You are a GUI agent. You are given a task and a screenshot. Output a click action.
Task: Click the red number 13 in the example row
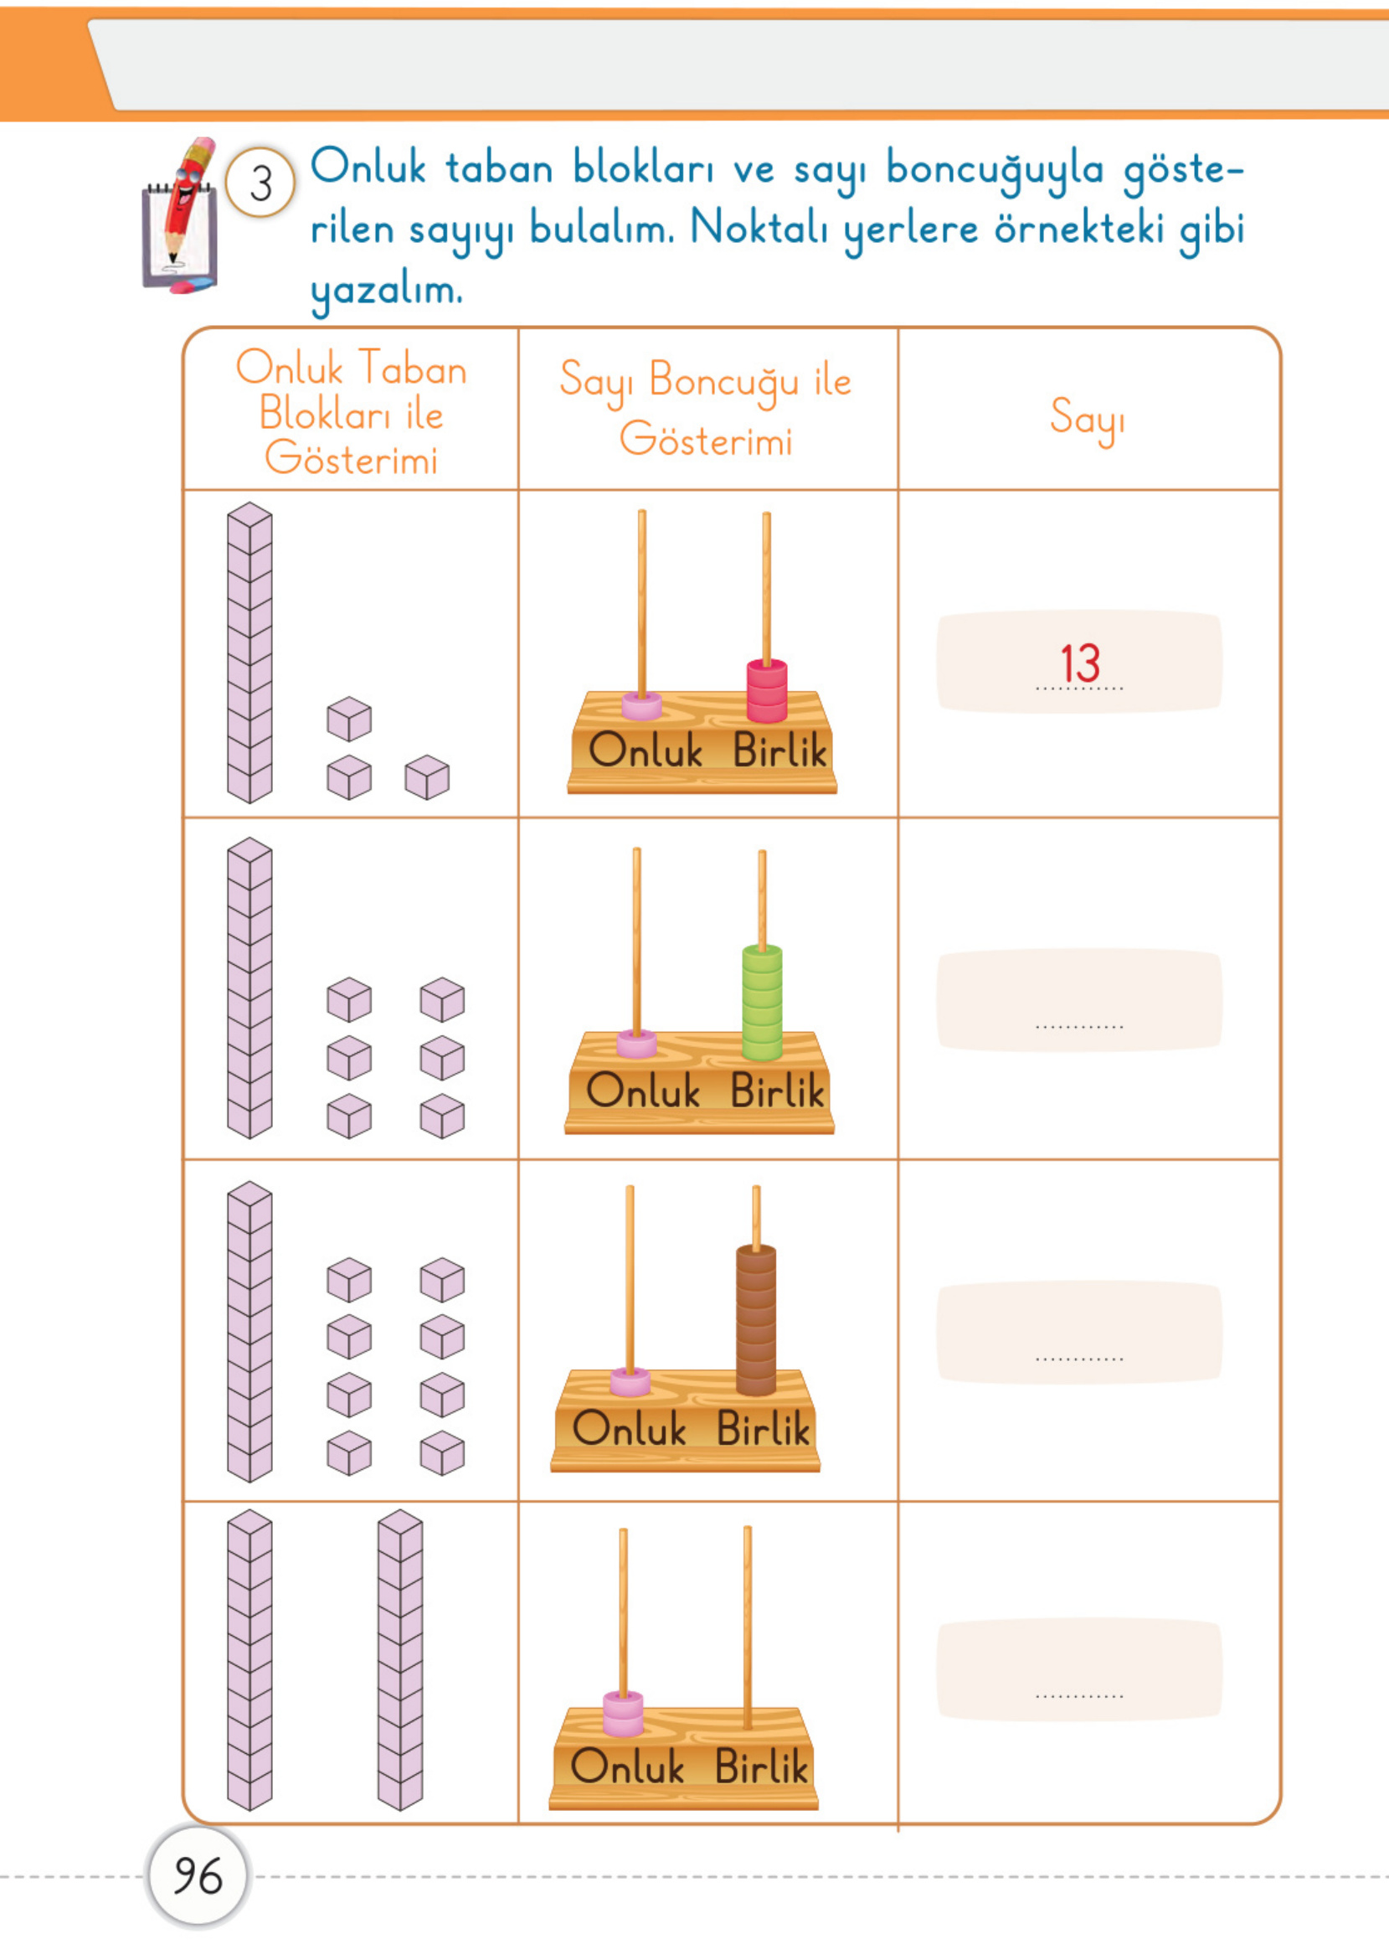(x=1079, y=663)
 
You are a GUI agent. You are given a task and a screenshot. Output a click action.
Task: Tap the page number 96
(x=198, y=1876)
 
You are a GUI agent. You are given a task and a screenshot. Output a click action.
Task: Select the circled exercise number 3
(x=261, y=183)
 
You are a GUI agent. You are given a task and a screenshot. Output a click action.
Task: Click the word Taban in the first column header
(x=411, y=369)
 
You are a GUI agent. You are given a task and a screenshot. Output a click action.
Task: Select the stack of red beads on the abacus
(x=766, y=690)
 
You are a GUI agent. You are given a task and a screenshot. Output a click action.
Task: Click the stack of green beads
(x=762, y=1002)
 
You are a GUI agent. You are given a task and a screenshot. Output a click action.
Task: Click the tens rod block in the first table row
(x=250, y=652)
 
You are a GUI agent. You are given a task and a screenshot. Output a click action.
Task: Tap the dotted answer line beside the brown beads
(x=1079, y=1359)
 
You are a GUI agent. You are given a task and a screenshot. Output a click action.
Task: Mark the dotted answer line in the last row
(x=1079, y=1695)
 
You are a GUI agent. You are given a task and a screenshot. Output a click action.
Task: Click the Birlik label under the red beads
(x=780, y=750)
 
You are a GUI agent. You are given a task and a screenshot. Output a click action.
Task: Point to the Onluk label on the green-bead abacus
(x=643, y=1090)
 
